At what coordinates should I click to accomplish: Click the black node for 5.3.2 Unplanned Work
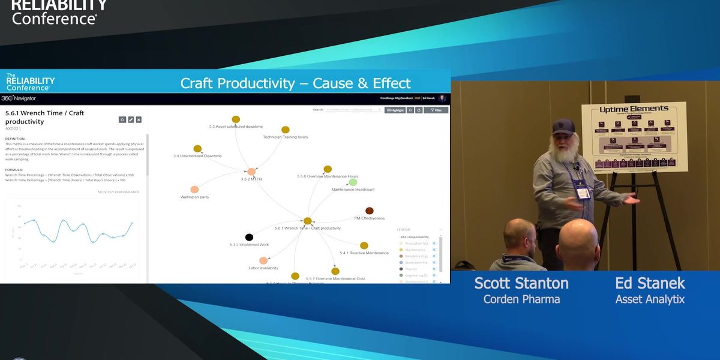[x=249, y=238]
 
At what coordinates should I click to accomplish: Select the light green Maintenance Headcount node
[x=353, y=182]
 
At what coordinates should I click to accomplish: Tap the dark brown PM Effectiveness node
[x=370, y=211]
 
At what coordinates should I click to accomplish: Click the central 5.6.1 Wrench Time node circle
[x=307, y=221]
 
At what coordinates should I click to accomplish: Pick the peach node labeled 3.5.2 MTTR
[x=251, y=172]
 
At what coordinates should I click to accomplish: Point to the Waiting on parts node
[x=194, y=190]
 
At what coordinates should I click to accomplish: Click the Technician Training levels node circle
[x=286, y=130]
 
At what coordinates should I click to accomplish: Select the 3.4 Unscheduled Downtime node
[x=197, y=149]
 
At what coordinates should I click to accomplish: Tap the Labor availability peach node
[x=263, y=260]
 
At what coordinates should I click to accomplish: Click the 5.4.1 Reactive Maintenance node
[x=364, y=245]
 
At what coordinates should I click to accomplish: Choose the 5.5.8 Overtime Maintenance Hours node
[x=328, y=169]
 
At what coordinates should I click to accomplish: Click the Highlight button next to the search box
[x=395, y=110]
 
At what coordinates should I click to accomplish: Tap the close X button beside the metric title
[x=139, y=119]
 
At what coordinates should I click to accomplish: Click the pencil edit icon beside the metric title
[x=130, y=119]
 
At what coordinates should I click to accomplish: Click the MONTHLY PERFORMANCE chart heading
[x=118, y=192]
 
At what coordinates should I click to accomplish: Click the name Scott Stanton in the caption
[x=521, y=283]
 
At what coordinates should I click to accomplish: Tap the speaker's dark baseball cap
[x=563, y=126]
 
